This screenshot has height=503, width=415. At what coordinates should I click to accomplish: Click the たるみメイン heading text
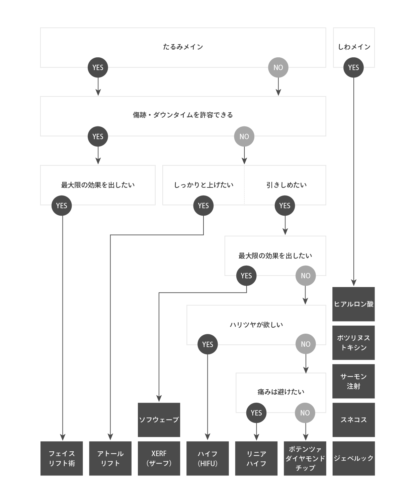pyautogui.click(x=183, y=47)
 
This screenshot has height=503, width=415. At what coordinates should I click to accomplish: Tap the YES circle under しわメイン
pyautogui.click(x=353, y=67)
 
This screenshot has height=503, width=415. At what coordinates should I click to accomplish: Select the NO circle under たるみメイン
pyautogui.click(x=278, y=67)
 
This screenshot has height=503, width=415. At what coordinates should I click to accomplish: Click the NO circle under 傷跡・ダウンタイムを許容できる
pyautogui.click(x=244, y=136)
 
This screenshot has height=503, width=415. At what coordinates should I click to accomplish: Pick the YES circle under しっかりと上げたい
pyautogui.click(x=203, y=206)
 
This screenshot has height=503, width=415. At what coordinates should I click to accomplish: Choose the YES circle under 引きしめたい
pyautogui.click(x=285, y=206)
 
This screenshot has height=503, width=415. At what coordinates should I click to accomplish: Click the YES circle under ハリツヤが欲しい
pyautogui.click(x=207, y=344)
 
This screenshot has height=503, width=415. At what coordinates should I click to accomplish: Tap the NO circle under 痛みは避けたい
pyautogui.click(x=305, y=413)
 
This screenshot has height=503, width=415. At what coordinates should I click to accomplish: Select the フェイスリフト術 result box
pyautogui.click(x=62, y=458)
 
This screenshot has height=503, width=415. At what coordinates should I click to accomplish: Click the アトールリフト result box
pyautogui.click(x=110, y=458)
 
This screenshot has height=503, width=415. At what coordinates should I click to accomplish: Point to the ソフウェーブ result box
pyautogui.click(x=159, y=420)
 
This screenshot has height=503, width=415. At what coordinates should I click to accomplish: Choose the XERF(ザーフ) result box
pyautogui.click(x=159, y=458)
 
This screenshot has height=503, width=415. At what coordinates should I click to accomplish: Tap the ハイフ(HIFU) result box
pyautogui.click(x=207, y=458)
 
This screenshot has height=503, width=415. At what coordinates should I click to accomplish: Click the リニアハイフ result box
pyautogui.click(x=256, y=458)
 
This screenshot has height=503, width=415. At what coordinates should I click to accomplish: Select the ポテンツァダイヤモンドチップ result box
pyautogui.click(x=305, y=458)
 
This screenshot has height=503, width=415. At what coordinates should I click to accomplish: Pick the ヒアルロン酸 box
pyautogui.click(x=353, y=304)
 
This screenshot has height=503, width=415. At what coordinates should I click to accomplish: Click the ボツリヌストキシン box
pyautogui.click(x=353, y=343)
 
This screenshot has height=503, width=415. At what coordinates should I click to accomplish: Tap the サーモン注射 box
pyautogui.click(x=353, y=381)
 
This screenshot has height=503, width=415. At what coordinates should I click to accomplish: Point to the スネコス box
pyautogui.click(x=353, y=420)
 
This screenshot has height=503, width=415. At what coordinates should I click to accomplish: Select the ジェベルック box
pyautogui.click(x=353, y=458)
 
